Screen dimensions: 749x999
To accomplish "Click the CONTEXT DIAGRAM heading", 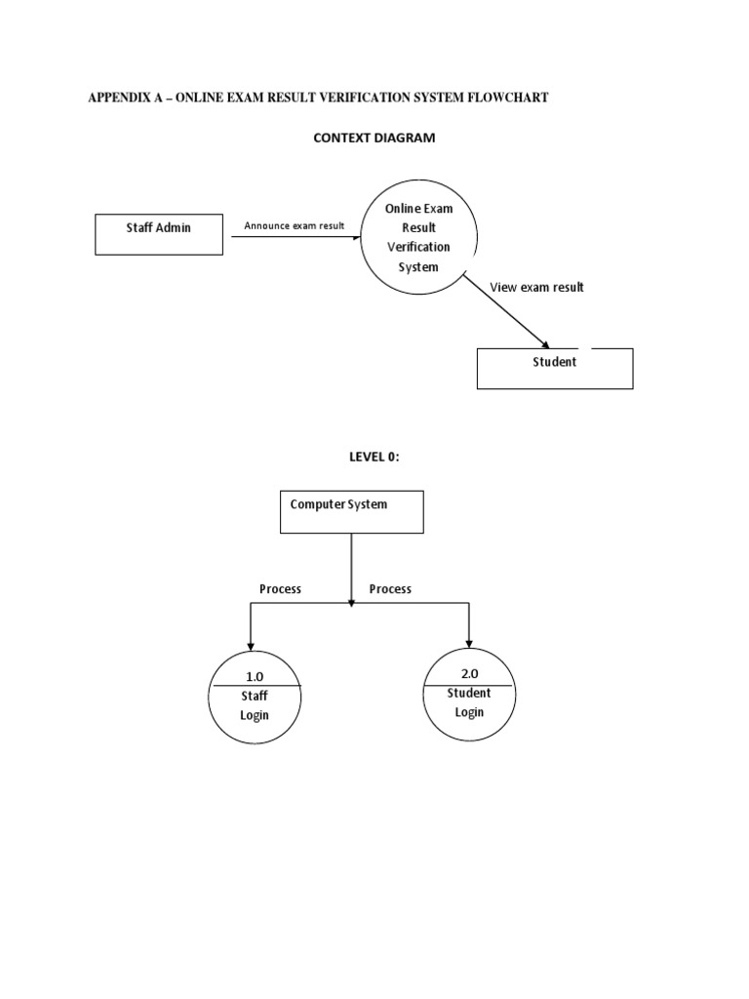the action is click(374, 138).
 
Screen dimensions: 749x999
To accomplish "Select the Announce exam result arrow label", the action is click(295, 225).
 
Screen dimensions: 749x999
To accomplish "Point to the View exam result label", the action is click(537, 288).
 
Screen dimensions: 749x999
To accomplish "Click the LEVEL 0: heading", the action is click(374, 457).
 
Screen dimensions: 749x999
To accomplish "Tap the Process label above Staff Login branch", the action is click(280, 589).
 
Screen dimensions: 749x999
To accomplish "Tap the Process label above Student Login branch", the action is click(390, 589).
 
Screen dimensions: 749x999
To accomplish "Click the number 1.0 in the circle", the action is click(255, 677).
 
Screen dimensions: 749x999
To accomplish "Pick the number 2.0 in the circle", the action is click(469, 673).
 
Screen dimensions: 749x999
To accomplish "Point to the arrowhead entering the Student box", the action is click(544, 344).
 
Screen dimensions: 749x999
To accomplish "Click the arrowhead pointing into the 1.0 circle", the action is click(251, 647).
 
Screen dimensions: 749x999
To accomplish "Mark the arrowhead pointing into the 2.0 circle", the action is click(469, 644).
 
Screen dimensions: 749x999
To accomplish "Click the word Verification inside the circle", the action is click(418, 247).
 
